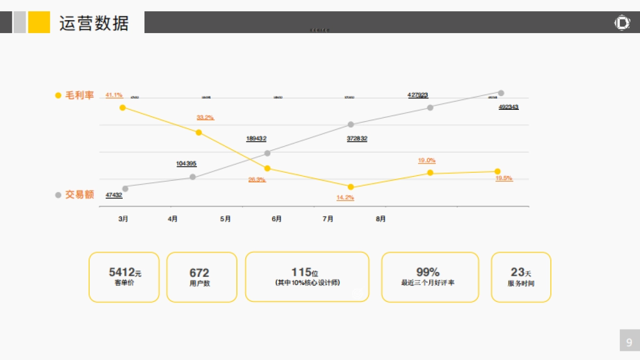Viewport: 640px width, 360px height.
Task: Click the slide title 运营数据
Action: tap(94, 23)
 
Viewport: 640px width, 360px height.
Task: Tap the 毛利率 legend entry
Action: tap(79, 95)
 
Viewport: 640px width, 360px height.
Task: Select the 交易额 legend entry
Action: tap(79, 195)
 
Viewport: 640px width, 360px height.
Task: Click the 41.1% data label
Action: tap(114, 95)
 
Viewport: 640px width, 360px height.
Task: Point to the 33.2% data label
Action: tap(205, 117)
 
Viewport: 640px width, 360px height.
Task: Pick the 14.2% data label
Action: tap(345, 197)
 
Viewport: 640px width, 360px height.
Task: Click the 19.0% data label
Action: tap(427, 160)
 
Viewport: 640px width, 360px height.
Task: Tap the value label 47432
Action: tap(114, 195)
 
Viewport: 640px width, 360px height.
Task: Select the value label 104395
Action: tap(186, 164)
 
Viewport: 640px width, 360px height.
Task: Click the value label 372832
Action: tap(357, 139)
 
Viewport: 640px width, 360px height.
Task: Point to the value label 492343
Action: tap(508, 107)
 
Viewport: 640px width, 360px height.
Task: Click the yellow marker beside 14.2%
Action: tap(350, 187)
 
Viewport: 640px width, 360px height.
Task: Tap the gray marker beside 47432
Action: tap(125, 188)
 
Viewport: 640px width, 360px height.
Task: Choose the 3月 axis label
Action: tap(123, 219)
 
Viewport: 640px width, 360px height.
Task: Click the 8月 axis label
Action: tap(381, 219)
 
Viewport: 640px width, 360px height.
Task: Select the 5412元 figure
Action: tap(125, 273)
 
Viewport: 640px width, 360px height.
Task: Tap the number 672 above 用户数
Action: tap(199, 273)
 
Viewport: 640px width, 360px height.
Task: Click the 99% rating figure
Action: tap(428, 272)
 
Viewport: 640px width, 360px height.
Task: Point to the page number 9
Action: tap(629, 342)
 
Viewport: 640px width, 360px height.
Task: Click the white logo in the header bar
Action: tap(622, 23)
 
